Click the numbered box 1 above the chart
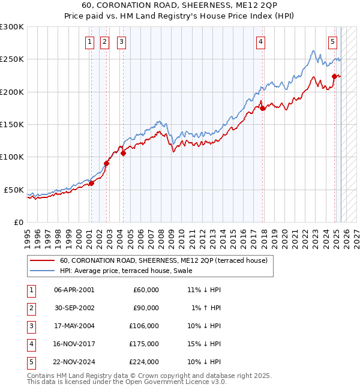coord(89,41)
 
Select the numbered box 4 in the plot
coord(261,41)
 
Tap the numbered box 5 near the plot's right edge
coord(332,41)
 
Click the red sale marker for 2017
coord(262,109)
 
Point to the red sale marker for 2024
coord(335,76)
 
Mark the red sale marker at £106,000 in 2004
coord(123,153)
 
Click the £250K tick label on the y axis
coord(12,59)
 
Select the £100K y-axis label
coord(12,157)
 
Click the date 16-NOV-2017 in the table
coord(74,344)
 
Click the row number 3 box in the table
coord(29,326)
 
